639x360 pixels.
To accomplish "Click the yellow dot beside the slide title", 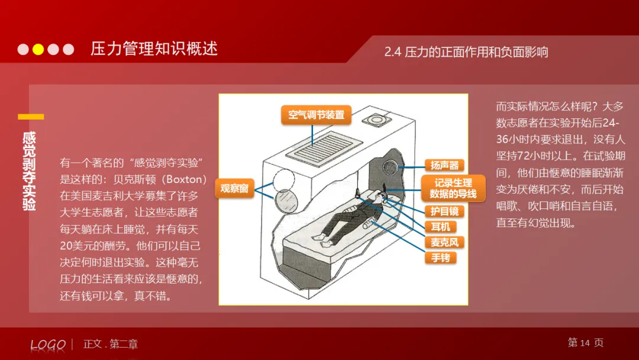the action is tap(38, 49).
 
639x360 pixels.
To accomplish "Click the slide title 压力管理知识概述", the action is tap(154, 49).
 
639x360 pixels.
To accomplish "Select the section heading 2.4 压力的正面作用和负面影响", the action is tap(466, 52).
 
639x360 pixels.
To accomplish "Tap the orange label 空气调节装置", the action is tap(316, 115).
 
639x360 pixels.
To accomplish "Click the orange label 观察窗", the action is tap(234, 189).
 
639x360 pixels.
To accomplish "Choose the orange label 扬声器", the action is tap(444, 165).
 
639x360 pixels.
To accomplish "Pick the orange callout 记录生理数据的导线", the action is tap(453, 188).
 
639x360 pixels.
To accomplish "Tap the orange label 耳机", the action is tap(440, 227).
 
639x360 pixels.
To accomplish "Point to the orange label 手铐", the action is tap(440, 258).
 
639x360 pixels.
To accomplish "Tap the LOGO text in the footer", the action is tap(48, 345).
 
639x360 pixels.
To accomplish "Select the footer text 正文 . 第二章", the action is tap(111, 344).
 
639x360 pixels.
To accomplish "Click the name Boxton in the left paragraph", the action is tap(185, 178).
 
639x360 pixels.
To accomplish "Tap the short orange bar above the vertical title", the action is tap(31, 117).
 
